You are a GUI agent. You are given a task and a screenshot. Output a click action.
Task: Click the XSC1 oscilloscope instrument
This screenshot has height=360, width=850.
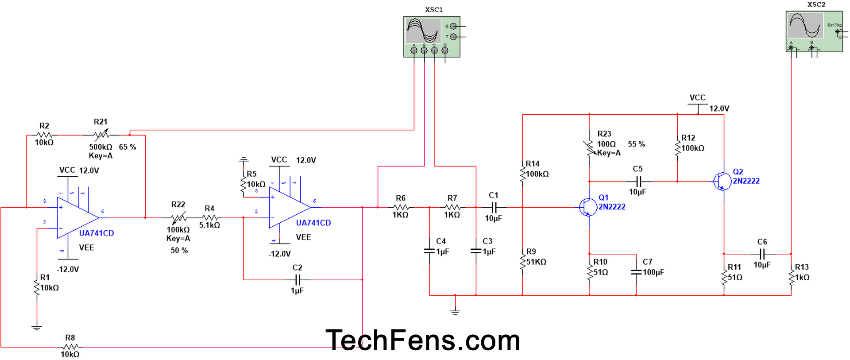pos(432,36)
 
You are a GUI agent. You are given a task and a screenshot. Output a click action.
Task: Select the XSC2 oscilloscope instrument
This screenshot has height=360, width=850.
pos(814,31)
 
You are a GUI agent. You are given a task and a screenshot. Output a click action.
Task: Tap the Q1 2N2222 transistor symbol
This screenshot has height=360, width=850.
pos(588,207)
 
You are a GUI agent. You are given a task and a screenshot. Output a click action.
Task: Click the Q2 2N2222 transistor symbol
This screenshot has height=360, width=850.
pos(722,181)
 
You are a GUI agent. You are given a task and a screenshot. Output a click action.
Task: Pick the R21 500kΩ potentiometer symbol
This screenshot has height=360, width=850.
pos(101,135)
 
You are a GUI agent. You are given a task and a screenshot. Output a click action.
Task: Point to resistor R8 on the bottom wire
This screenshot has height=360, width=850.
pos(70,347)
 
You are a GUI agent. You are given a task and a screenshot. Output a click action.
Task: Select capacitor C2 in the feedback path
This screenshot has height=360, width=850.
pos(298,280)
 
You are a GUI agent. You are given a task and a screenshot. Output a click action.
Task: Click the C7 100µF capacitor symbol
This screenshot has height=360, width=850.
pos(636,272)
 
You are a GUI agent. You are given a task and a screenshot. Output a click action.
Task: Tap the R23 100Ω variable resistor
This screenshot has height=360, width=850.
pos(590,148)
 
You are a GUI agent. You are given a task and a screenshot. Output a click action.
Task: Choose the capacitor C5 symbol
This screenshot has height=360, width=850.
pos(638,181)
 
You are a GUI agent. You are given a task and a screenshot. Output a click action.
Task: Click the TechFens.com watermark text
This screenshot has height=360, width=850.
pos(422,340)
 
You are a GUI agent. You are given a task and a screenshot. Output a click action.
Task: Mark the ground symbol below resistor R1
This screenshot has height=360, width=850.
pos(37,328)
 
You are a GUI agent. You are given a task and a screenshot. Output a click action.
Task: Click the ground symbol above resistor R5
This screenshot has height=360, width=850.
pos(243,159)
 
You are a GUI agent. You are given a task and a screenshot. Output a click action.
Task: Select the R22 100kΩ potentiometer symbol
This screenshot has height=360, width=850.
pos(178,217)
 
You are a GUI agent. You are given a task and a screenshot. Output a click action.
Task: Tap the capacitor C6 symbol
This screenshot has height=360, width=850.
pos(762,254)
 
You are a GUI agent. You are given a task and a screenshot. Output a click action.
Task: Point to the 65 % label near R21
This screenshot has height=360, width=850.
pos(127,147)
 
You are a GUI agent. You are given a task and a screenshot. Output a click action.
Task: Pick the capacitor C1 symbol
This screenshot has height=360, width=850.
pos(494,207)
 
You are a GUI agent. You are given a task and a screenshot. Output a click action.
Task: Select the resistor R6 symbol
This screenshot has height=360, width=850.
pos(401,207)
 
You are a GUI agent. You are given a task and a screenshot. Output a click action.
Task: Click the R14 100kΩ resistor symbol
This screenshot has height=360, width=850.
pos(523,174)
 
